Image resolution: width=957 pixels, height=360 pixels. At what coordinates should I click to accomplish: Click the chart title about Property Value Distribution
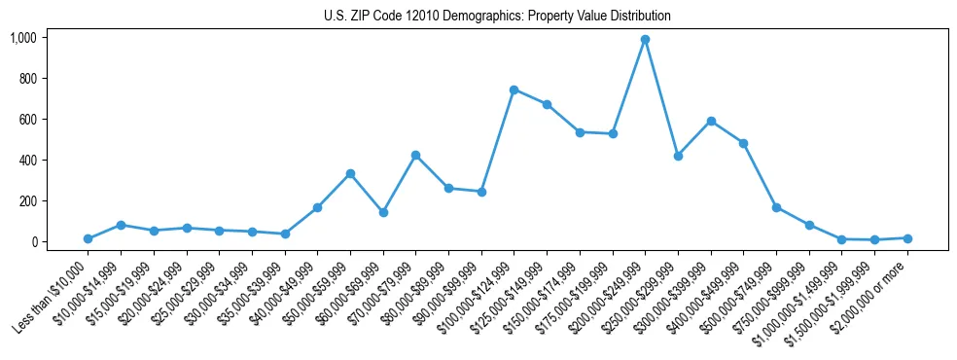(x=497, y=17)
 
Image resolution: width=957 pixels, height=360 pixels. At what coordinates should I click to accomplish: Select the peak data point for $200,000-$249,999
(x=645, y=40)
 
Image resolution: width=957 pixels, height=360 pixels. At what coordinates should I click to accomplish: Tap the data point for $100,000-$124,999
(x=514, y=90)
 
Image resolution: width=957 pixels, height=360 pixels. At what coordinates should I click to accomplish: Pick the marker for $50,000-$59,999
(x=350, y=174)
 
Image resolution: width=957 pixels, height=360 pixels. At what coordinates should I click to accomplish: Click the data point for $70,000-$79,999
(x=415, y=155)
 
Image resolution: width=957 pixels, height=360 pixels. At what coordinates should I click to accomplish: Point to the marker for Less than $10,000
(x=88, y=238)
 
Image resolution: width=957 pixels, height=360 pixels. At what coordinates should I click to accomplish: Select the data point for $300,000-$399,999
(x=711, y=121)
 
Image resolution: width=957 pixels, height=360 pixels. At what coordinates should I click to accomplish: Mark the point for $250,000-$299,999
(x=678, y=156)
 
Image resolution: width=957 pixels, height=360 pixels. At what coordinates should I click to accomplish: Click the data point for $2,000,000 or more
(x=907, y=237)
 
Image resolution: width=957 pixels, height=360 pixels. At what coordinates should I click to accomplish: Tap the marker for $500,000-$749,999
(x=776, y=207)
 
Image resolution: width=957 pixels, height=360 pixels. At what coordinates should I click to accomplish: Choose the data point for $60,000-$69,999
(x=383, y=212)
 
